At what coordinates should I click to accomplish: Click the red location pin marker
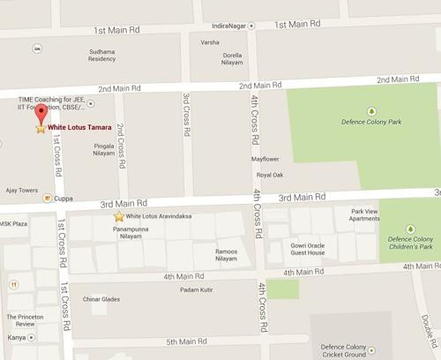point(40,114)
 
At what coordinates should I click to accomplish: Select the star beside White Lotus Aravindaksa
point(119,216)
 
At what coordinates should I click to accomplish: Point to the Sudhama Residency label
point(102,55)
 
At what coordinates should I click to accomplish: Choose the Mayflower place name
point(265,159)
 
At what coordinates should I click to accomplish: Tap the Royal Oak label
point(269,175)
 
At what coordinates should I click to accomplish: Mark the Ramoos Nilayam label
point(227,254)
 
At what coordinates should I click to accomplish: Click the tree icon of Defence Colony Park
point(371,111)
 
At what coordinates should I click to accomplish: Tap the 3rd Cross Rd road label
point(187,114)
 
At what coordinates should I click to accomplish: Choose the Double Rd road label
point(427,331)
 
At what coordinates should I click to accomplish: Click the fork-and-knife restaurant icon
point(14,285)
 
